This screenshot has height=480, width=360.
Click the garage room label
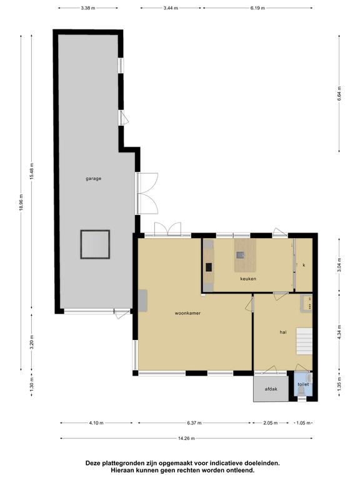[93, 179]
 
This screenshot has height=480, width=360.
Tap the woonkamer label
[187, 313]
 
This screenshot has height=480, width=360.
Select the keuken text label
[248, 279]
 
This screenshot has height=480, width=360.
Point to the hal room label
[283, 332]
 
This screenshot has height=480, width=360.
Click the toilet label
[303, 384]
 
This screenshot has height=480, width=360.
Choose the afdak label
[271, 389]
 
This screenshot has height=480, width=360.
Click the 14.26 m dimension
[186, 438]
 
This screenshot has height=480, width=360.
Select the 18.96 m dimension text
[21, 202]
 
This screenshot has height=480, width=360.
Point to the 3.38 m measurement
[88, 8]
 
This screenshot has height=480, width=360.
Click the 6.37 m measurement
[194, 423]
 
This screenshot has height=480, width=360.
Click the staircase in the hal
[304, 341]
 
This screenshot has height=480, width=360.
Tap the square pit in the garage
[95, 244]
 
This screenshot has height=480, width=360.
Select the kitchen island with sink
[245, 255]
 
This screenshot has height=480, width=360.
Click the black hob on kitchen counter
[209, 267]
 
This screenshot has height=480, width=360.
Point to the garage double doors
[147, 193]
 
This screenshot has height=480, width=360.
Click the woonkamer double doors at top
[167, 229]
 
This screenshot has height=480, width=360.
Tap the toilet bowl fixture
[301, 390]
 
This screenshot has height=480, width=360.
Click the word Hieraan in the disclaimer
[122, 470]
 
